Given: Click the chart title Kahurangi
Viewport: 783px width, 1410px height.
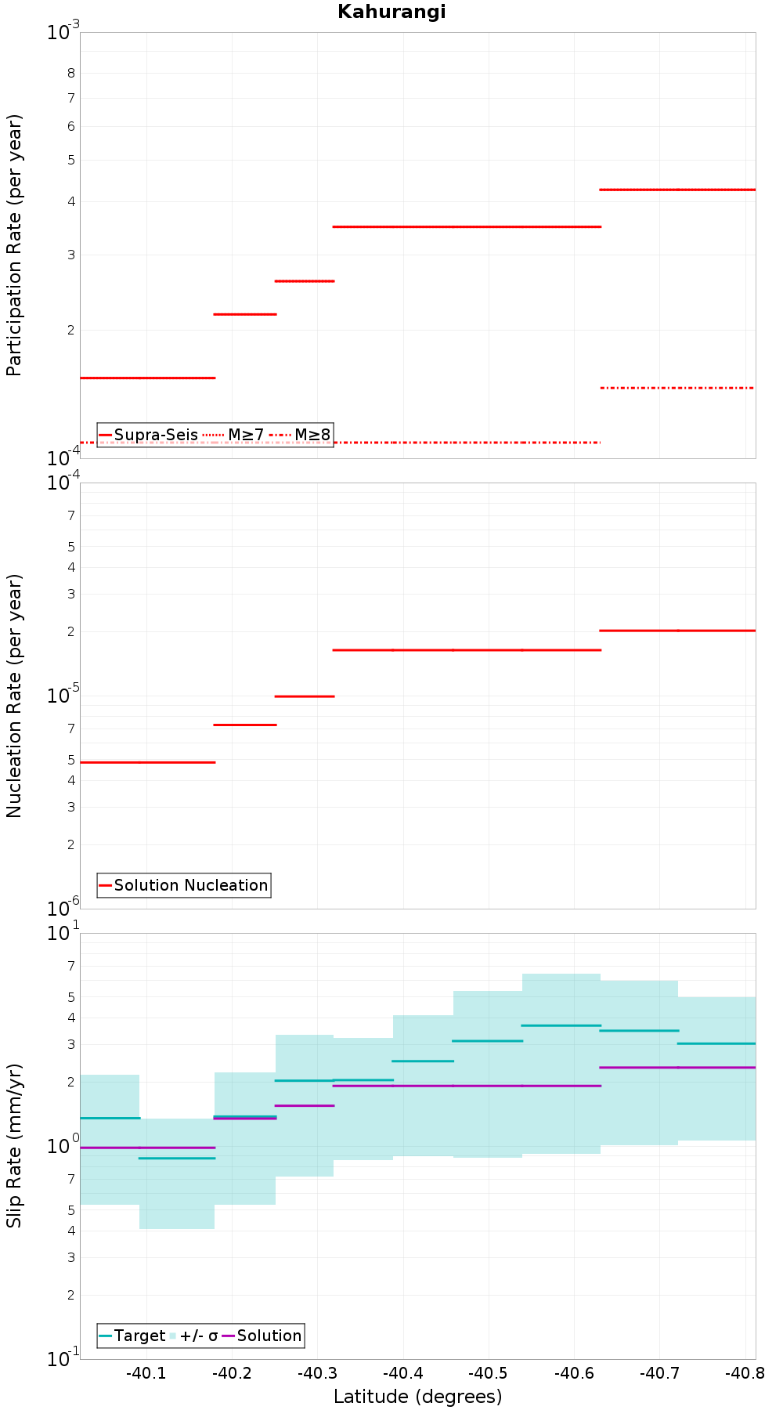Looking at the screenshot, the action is pos(391,12).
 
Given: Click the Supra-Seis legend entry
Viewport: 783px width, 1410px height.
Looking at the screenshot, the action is pos(148,435).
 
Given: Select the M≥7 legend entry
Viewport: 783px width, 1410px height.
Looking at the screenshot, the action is pos(233,435).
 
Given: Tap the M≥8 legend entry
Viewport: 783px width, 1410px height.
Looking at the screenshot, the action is pos(300,435).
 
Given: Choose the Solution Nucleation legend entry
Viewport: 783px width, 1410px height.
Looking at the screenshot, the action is pos(184,885).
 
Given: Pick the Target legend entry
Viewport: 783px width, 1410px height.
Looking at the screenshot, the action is pos(132,1336).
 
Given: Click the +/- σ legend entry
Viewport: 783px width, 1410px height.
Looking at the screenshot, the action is pos(194,1336).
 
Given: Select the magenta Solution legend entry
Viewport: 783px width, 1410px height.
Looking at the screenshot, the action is pos(262,1336).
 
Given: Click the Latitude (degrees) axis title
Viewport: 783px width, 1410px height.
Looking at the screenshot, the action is pos(418,1397).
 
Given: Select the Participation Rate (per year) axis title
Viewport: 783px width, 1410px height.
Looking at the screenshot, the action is pos(14,245).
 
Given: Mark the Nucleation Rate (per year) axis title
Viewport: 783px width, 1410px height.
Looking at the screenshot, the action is pos(14,696).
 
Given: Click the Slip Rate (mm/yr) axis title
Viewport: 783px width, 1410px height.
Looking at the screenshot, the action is pos(14,1145).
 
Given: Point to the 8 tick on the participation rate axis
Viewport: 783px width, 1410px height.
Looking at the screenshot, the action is pos(71,74).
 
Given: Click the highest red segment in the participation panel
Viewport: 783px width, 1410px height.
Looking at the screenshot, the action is pos(677,190).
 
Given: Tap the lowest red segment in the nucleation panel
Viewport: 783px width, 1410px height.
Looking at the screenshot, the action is pos(147,762).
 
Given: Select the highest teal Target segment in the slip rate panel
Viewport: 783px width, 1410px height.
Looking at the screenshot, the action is pos(561,1025).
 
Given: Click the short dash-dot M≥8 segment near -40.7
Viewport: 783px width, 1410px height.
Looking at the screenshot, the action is pos(677,388).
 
